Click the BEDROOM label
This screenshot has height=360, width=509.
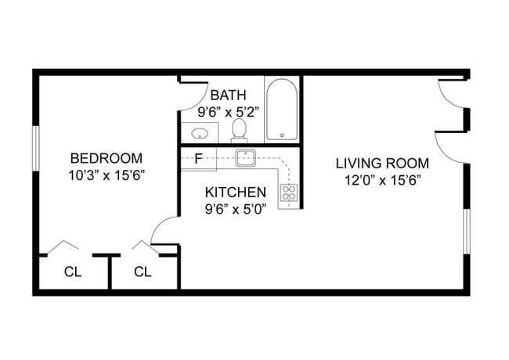pos(106,157)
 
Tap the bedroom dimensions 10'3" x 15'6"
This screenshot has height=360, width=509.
pos(106,175)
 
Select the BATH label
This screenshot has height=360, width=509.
pos(223,95)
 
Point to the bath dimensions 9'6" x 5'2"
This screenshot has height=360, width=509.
pos(223,110)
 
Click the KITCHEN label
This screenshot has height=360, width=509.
pos(235,192)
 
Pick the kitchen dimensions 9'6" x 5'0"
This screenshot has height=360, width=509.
pos(235,209)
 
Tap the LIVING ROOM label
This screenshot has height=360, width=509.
pos(382,164)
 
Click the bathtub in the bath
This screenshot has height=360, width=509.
pos(282,110)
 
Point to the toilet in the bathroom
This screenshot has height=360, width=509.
pos(240,130)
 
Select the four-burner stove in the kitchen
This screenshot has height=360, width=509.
pos(289,193)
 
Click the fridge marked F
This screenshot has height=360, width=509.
pos(199,158)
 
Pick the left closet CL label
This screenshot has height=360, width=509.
pos(73,272)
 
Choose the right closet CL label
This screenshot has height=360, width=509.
pos(143,272)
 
